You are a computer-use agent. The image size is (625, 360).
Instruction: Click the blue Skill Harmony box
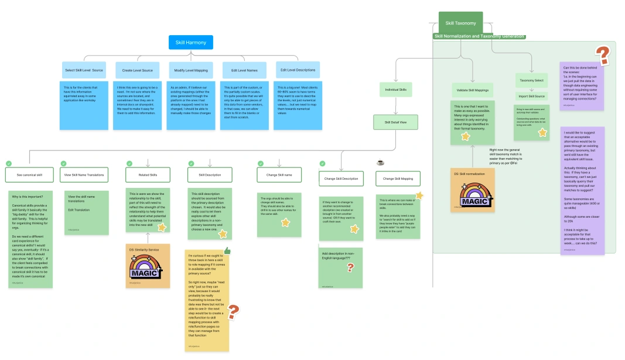click(191, 42)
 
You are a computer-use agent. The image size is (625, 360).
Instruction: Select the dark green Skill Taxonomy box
click(460, 23)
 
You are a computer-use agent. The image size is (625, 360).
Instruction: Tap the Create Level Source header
click(138, 70)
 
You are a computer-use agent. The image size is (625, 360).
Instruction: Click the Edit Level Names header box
click(244, 70)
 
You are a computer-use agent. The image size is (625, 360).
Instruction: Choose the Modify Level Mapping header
click(191, 70)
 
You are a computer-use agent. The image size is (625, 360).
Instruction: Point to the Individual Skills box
click(395, 90)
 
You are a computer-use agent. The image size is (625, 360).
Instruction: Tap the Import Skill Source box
click(531, 96)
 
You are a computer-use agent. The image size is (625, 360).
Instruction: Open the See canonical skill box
click(29, 175)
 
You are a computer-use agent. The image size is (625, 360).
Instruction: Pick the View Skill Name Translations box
click(84, 175)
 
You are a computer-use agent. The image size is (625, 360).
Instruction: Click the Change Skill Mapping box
click(398, 179)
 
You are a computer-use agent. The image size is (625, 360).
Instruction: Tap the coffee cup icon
click(380, 162)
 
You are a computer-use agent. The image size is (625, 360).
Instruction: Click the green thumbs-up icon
click(227, 251)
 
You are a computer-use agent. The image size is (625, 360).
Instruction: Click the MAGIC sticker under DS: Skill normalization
click(473, 195)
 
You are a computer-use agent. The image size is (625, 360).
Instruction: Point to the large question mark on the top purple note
click(603, 55)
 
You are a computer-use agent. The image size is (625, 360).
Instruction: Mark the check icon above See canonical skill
click(8, 163)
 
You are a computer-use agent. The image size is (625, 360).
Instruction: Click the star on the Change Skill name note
click(285, 222)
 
